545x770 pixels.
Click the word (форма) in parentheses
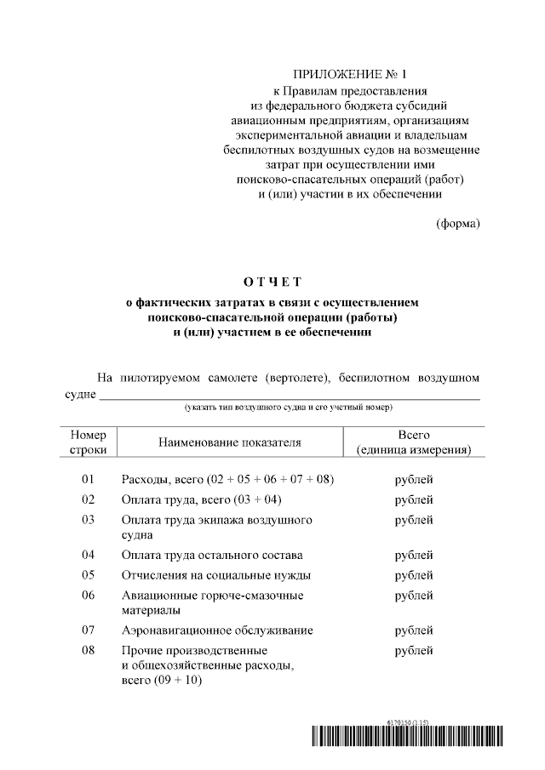(x=457, y=224)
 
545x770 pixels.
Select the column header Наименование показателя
(x=229, y=442)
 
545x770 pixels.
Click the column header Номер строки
(x=88, y=442)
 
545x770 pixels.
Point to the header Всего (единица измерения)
(x=414, y=442)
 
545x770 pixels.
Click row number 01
(x=88, y=480)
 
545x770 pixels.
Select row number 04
(x=88, y=555)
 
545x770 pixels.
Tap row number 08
(x=88, y=651)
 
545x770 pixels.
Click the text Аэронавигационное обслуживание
(x=217, y=630)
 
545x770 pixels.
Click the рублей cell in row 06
(x=414, y=596)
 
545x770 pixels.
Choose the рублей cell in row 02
(x=414, y=499)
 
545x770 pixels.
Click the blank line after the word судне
(x=290, y=396)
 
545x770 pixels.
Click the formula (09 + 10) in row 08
(x=176, y=682)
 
